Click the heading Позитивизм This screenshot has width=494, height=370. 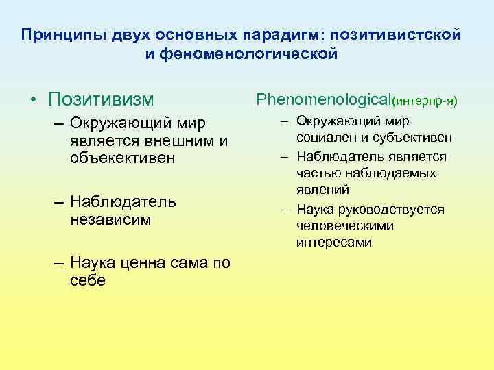[x=102, y=99]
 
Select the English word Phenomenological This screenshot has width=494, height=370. [x=322, y=100]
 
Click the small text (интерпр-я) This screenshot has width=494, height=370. [x=423, y=102]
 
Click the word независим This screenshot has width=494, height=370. [x=110, y=220]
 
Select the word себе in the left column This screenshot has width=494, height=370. [x=88, y=281]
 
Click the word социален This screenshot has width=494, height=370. [x=326, y=138]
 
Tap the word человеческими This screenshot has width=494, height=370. [x=345, y=225]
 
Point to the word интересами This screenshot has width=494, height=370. [x=334, y=242]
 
